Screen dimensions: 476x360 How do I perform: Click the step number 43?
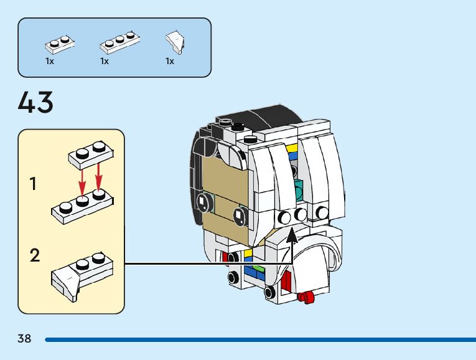(x=35, y=102)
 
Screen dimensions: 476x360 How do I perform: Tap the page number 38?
(x=24, y=338)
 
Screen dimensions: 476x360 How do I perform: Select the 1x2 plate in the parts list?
(x=60, y=45)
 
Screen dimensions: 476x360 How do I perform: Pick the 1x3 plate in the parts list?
(x=120, y=42)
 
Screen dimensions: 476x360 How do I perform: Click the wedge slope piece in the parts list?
(x=175, y=42)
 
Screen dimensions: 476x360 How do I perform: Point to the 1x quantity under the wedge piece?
(x=170, y=62)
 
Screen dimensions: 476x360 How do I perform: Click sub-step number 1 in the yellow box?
(x=33, y=184)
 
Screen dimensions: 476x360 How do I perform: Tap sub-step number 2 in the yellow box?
(x=35, y=255)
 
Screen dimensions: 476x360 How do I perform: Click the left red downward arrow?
(x=82, y=180)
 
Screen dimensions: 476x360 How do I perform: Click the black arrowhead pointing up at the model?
(x=292, y=236)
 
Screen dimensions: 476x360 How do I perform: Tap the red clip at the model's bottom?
(x=306, y=296)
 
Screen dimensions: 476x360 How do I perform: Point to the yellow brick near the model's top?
(x=292, y=148)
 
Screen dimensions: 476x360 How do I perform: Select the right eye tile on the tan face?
(x=240, y=217)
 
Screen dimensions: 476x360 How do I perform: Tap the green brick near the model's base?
(x=259, y=268)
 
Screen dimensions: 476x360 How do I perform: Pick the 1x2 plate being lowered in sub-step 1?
(x=91, y=154)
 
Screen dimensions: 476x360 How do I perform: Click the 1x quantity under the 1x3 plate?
(x=105, y=62)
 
